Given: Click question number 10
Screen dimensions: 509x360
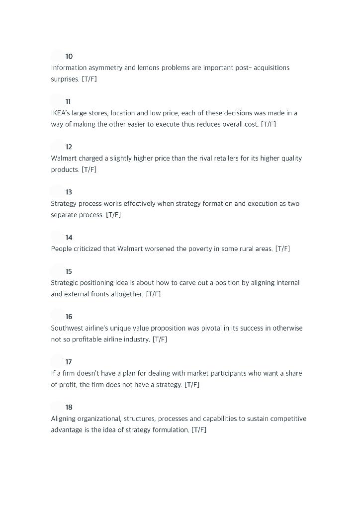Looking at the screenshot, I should (x=69, y=56).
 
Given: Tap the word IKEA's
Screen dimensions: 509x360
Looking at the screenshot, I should (x=61, y=113).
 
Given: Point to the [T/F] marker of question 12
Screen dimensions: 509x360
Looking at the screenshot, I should (x=89, y=170).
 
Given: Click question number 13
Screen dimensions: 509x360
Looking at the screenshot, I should (x=69, y=192).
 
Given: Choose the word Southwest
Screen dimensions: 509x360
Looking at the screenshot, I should (x=67, y=328).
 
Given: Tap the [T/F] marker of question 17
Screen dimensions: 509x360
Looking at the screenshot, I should (x=192, y=385).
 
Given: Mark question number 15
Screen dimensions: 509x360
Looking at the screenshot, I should (x=69, y=271).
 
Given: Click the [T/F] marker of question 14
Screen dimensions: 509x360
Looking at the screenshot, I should (x=282, y=249).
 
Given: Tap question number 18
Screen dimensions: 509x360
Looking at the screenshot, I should (x=69, y=407).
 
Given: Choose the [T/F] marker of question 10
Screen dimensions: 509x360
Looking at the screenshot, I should (x=90, y=79).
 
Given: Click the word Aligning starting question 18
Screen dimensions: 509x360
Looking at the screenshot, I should (x=63, y=419).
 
